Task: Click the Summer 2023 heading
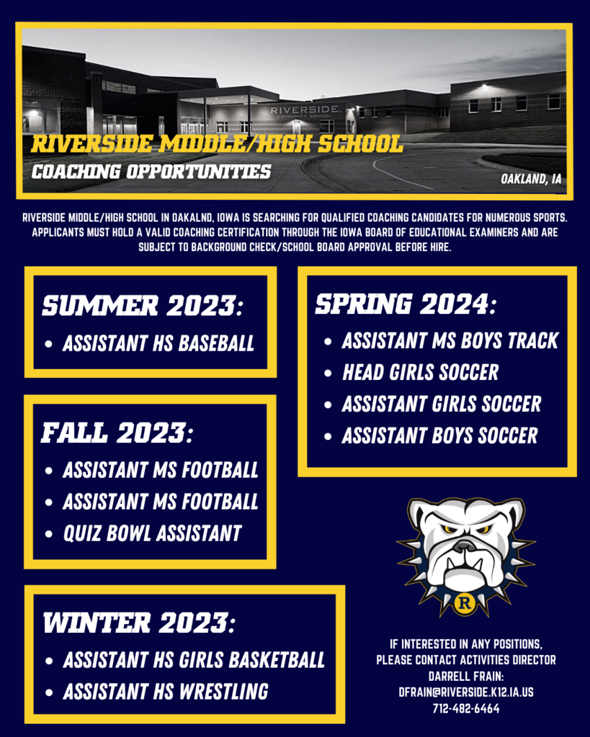(x=143, y=306)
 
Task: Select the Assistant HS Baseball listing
(x=158, y=343)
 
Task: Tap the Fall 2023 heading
(x=117, y=433)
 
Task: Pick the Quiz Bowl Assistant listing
(x=153, y=533)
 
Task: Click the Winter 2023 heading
(x=139, y=623)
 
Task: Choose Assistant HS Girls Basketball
(x=194, y=660)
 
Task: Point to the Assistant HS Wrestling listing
(x=166, y=692)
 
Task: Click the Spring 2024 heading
(x=406, y=304)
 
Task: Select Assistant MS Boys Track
(x=450, y=340)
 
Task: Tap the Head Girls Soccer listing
(x=420, y=372)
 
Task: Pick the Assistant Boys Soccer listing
(x=440, y=435)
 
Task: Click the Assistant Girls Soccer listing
(x=442, y=404)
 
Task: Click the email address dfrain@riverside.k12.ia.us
(x=466, y=692)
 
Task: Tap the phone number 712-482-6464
(x=466, y=708)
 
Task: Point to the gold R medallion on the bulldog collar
(x=465, y=602)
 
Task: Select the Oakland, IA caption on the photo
(x=531, y=178)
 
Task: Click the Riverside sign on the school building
(x=305, y=112)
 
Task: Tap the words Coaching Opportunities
(x=151, y=171)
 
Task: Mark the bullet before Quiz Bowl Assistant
(x=48, y=534)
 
